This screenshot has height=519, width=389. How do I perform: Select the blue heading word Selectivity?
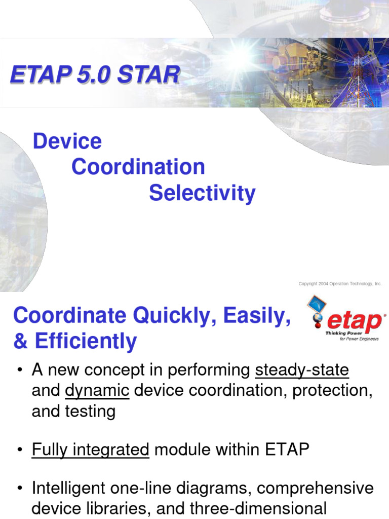coord(202,193)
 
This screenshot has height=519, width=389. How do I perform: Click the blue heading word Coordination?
coord(138,167)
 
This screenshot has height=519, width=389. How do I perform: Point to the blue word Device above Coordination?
coord(67,141)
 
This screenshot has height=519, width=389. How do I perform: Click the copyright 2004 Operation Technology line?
coord(340,284)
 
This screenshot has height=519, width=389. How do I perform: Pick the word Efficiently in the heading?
coord(86,342)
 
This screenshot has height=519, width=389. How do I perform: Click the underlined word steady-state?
coord(302,370)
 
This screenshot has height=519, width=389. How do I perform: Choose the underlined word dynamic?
coord(97,391)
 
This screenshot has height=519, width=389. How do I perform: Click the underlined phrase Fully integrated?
coord(90,450)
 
